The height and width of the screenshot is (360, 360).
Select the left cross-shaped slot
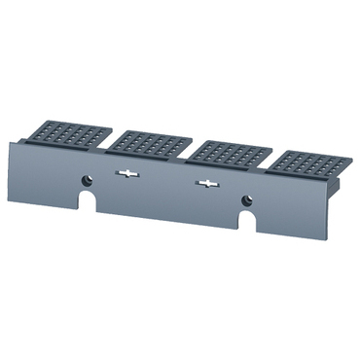(x=126, y=174)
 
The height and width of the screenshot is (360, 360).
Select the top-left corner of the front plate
(x=12, y=141)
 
